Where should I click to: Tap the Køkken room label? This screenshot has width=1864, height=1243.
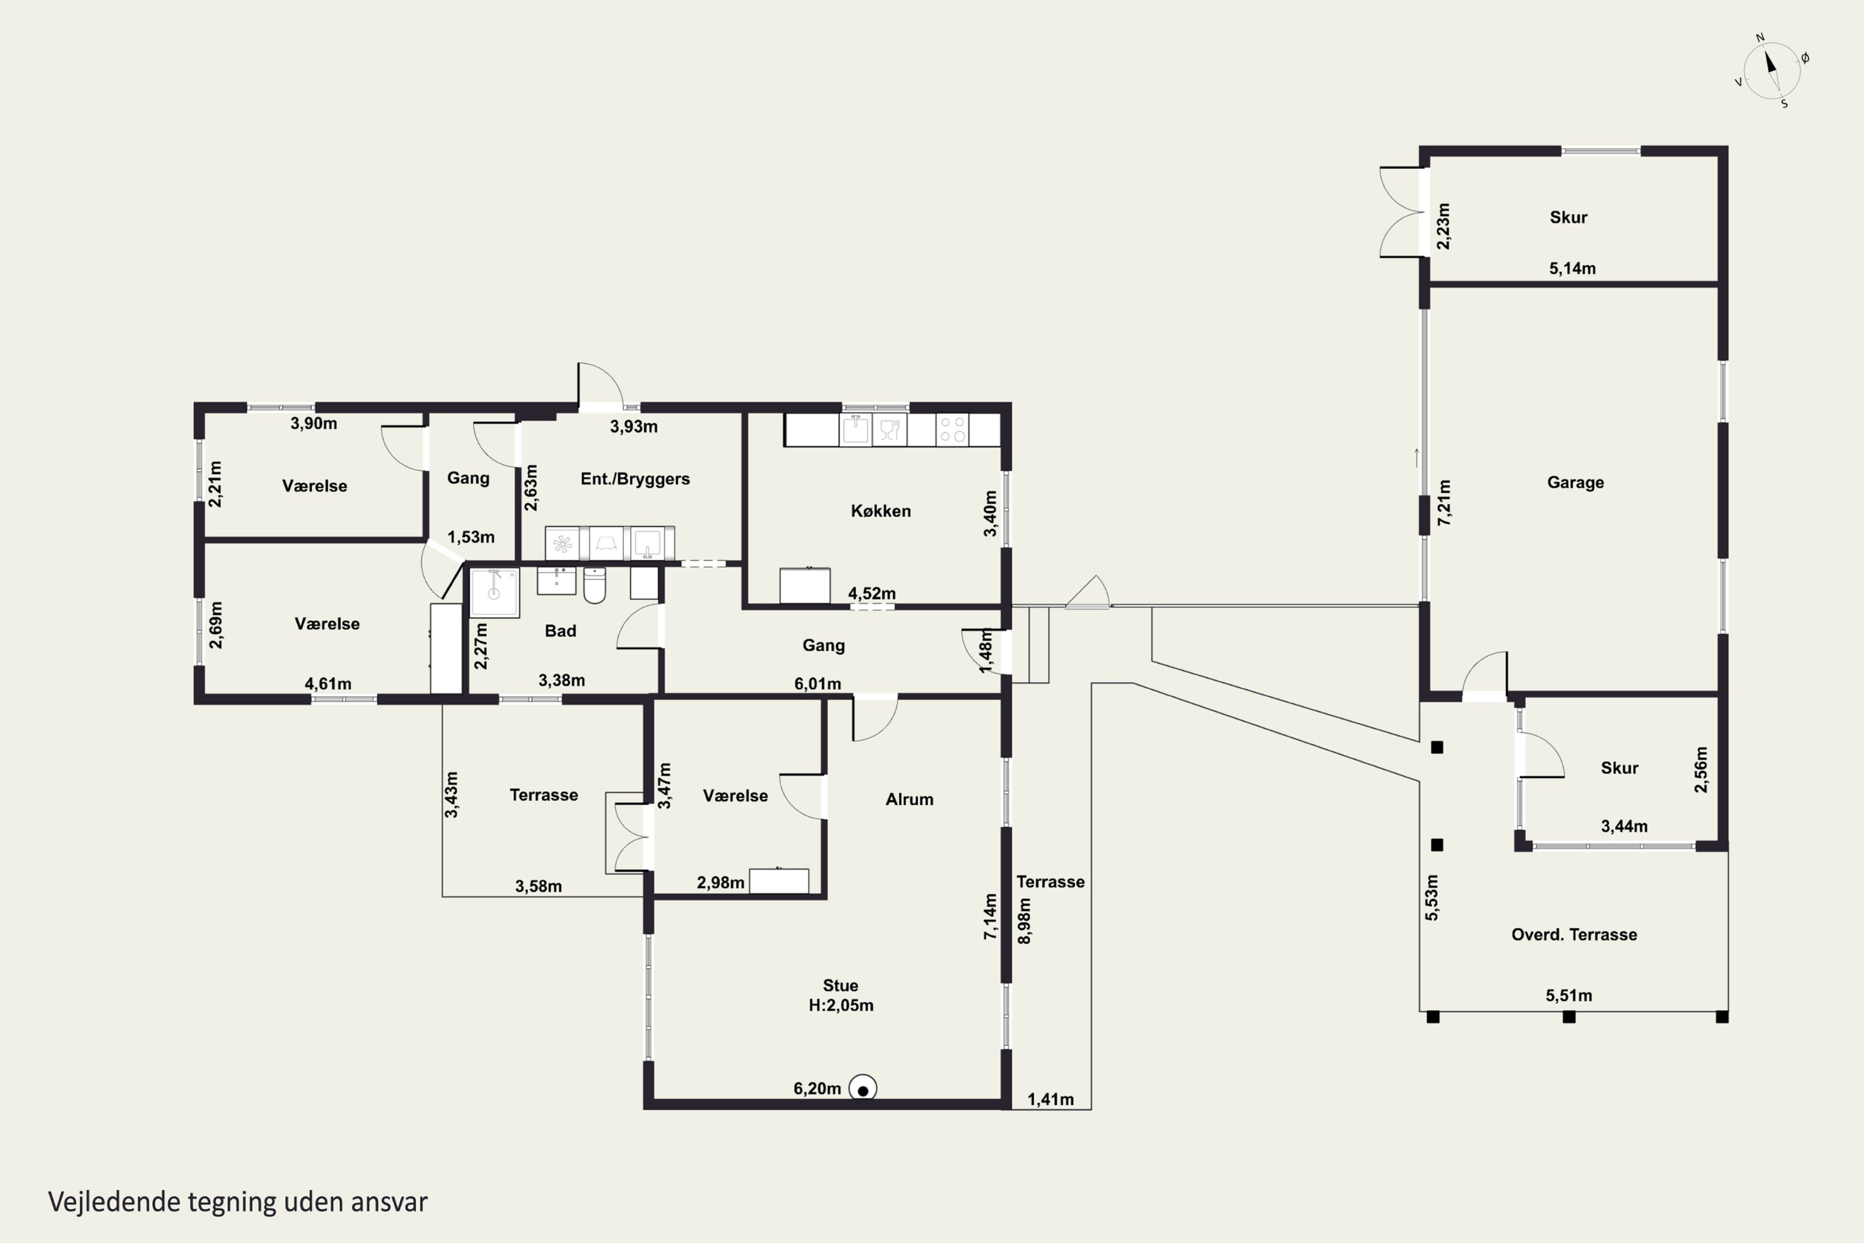coord(880,511)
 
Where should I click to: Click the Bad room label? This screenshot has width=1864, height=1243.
coord(560,631)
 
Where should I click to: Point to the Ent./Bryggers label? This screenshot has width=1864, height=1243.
coord(635,479)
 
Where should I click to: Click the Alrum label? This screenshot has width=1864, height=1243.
coord(909,799)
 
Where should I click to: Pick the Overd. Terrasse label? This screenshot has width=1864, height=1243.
coord(1574,935)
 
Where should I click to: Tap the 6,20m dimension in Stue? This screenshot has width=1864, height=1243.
coord(817,1088)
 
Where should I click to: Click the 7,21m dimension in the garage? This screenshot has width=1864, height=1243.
coord(1444,503)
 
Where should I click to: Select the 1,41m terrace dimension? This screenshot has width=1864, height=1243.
coord(1050,1099)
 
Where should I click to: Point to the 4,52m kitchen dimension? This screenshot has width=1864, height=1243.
coord(872,593)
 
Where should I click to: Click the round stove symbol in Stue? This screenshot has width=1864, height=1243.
coord(862,1088)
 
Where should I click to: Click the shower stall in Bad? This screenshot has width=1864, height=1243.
coord(495,592)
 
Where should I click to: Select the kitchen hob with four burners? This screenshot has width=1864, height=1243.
coord(953,429)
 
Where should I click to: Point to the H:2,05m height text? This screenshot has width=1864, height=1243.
coord(841,1005)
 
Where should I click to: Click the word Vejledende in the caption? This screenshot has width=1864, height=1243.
coord(114,1202)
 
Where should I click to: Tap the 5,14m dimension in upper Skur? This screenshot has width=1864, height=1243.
coord(1573,268)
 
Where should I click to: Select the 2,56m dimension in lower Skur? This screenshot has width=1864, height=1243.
coord(1701,769)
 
